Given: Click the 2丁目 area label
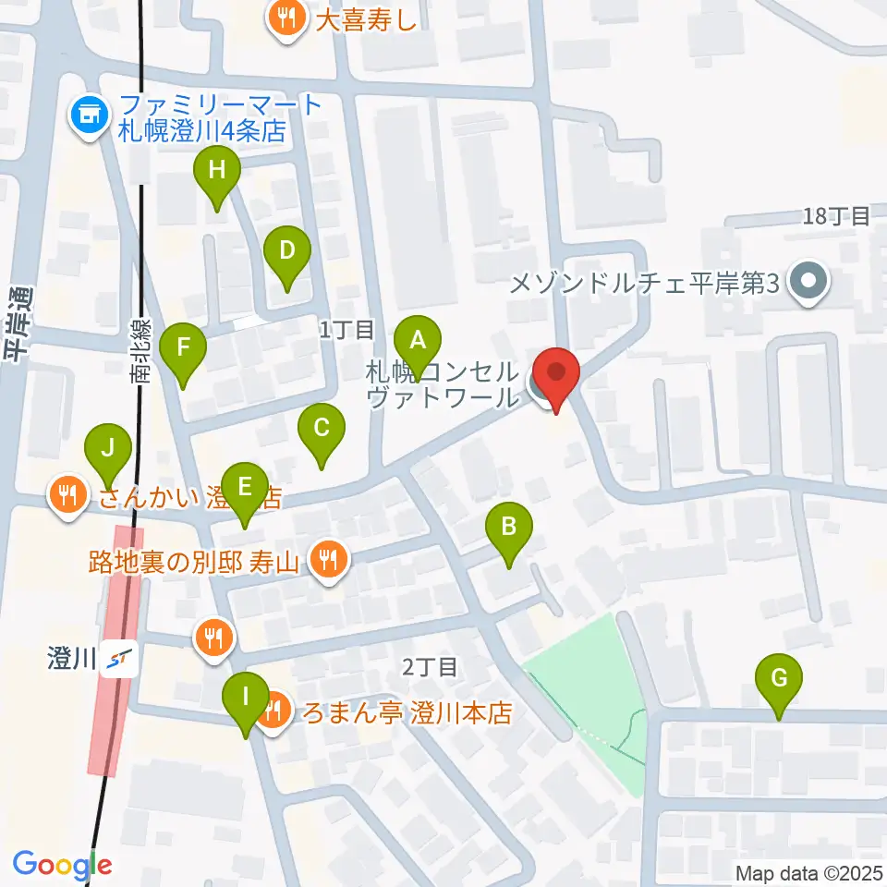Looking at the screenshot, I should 429,665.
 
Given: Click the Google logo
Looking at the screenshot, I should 62,866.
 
